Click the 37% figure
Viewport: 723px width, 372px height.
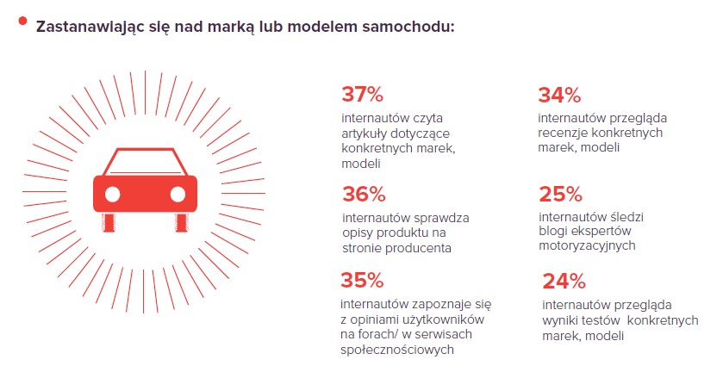click(x=362, y=94)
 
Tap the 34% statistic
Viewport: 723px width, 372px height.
click(x=559, y=94)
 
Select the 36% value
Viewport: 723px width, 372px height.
click(x=363, y=194)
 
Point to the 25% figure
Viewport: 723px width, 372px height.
click(x=560, y=193)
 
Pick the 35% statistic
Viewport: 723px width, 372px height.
click(x=362, y=280)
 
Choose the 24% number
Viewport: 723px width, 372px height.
click(x=564, y=281)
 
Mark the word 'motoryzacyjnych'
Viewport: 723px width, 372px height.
click(x=587, y=245)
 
